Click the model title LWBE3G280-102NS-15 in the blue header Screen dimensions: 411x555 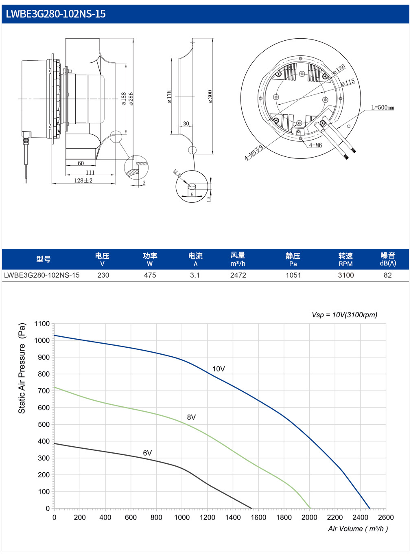[x=55, y=14]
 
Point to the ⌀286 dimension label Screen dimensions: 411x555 [x=131, y=99]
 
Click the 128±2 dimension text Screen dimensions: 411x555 [x=83, y=180]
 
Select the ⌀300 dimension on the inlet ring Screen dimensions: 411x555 [x=210, y=97]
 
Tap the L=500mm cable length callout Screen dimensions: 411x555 [x=383, y=107]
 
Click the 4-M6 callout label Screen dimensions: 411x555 [x=315, y=145]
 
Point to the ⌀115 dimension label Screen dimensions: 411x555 [x=348, y=82]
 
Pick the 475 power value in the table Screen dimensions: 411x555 [x=150, y=275]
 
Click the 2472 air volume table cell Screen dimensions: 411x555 [x=238, y=275]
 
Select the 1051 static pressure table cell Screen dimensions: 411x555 [x=293, y=275]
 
